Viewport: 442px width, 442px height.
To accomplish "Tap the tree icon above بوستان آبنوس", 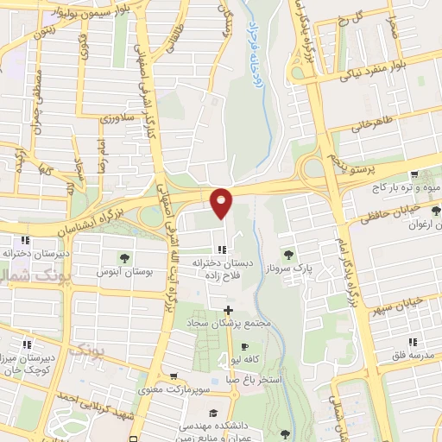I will coord(124,257).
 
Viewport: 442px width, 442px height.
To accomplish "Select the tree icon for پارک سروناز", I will coord(288,254).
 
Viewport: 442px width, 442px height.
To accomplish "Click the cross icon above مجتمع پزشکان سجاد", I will coord(228,310).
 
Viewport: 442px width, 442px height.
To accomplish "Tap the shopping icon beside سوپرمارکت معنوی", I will coord(175,377).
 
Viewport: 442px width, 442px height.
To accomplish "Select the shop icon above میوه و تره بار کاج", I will coord(415,174).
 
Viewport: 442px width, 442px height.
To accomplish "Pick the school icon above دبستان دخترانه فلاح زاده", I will coord(223,249).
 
